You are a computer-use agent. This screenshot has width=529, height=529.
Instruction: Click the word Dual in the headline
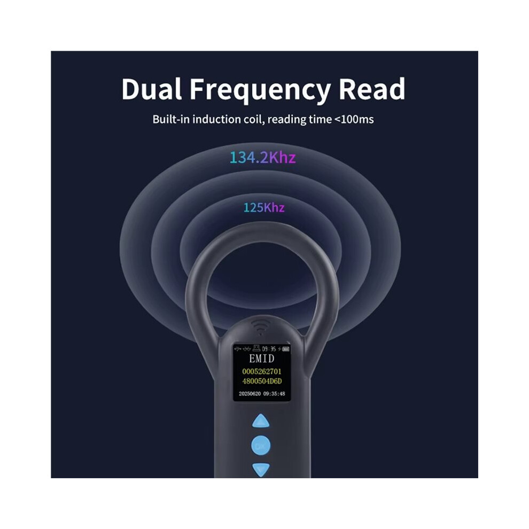tap(152, 89)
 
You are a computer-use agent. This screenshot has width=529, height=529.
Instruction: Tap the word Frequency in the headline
tap(260, 90)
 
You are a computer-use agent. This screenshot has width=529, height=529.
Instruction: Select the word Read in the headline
tap(372, 89)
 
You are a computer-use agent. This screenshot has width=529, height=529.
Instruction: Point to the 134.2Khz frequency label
tap(262, 158)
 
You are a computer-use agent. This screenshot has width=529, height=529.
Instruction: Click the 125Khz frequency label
tap(264, 207)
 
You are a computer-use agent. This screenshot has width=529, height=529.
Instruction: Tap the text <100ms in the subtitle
tap(354, 120)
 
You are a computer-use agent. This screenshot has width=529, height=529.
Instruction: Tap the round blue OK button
tap(261, 446)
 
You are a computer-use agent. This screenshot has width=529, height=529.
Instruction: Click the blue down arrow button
tap(261, 469)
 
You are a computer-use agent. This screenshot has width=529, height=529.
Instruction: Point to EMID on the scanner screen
tap(261, 359)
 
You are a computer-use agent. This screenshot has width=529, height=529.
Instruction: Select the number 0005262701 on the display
tap(262, 371)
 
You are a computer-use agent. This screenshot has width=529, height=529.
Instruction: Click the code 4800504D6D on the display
tap(262, 381)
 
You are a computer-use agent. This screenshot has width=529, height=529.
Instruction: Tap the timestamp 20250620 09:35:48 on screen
tap(262, 394)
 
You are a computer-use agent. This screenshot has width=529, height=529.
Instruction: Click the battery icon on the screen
tap(286, 349)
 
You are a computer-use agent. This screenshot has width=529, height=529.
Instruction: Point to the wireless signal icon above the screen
tap(260, 326)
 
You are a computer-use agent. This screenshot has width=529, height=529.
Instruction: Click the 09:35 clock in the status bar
tap(269, 349)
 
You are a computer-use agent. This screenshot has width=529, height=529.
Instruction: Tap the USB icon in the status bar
tap(237, 349)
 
